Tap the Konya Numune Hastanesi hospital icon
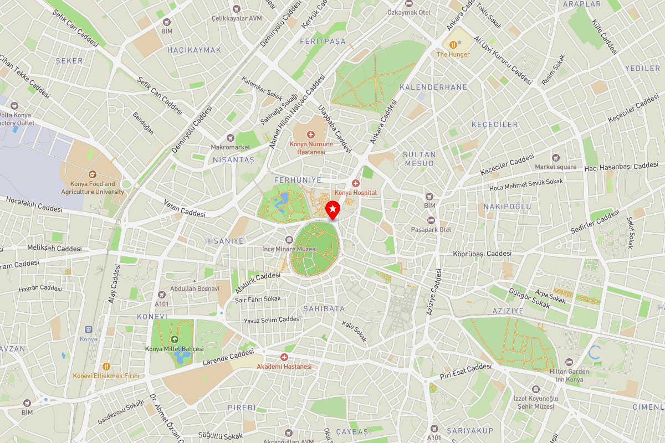point(311,135)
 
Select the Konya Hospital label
point(355,193)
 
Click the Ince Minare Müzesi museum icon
point(289,239)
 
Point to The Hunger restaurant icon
point(453,44)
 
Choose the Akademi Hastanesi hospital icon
point(284,357)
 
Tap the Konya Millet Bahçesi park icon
point(175,339)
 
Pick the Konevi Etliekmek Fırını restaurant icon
point(106,366)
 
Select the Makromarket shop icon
point(231,138)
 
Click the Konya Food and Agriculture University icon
point(92,173)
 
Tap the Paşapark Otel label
point(431,229)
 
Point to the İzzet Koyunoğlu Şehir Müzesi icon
point(535,389)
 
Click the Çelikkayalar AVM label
point(236,18)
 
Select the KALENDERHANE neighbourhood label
point(433,87)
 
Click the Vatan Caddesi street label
point(185,209)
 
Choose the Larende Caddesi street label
point(228,357)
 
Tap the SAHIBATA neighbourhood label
point(324,308)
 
